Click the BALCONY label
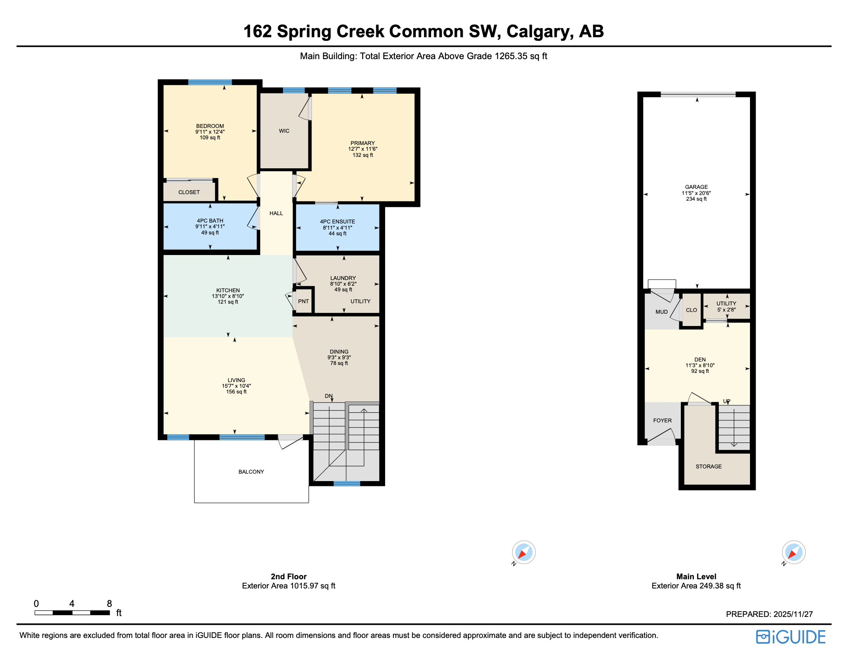pyautogui.click(x=251, y=472)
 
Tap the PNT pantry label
pyautogui.click(x=303, y=301)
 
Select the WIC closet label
pyautogui.click(x=284, y=131)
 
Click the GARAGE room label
pyautogui.click(x=696, y=187)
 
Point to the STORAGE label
pyautogui.click(x=708, y=467)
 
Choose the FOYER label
pyautogui.click(x=662, y=421)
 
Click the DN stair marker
pyautogui.click(x=329, y=396)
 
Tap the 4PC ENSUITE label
pyautogui.click(x=337, y=222)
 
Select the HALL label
pyautogui.click(x=276, y=213)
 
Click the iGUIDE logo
pyautogui.click(x=791, y=637)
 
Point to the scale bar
pyautogui.click(x=72, y=613)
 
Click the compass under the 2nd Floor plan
pyautogui.click(x=524, y=553)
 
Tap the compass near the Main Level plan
pyautogui.click(x=793, y=553)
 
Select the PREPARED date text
pyautogui.click(x=769, y=614)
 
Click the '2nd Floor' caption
pyautogui.click(x=288, y=577)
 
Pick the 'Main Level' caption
pyautogui.click(x=696, y=577)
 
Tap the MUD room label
pyautogui.click(x=662, y=312)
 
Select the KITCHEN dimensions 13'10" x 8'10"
pyautogui.click(x=228, y=296)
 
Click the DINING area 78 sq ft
pyautogui.click(x=339, y=363)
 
